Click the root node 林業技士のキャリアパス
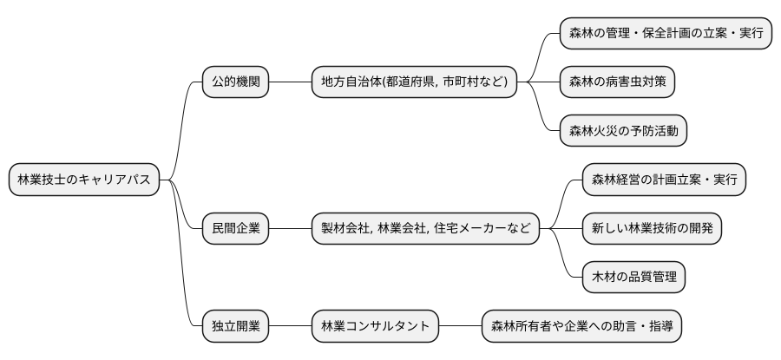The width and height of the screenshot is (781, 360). point(84,180)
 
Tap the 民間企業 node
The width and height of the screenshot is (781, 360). point(235,229)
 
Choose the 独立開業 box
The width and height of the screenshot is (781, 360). point(235,327)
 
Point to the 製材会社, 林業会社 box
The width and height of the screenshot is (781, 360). point(424,229)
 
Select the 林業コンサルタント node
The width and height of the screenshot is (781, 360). point(375,327)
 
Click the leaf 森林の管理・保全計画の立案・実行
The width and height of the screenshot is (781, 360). point(666,33)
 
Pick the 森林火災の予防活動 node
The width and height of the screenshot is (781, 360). point(622,131)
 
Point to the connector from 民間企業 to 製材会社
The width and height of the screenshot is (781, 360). point(290,229)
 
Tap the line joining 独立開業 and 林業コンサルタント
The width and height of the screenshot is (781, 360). point(290,327)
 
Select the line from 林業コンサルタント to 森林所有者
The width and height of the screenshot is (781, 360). point(460,327)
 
